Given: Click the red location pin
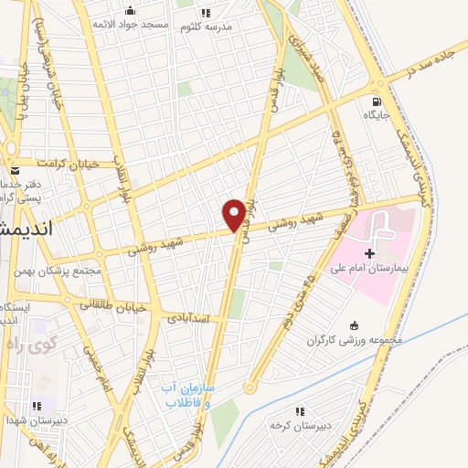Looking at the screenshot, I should point(235,214).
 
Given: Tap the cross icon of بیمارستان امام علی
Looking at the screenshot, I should point(369,252).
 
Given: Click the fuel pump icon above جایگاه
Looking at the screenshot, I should point(377,101).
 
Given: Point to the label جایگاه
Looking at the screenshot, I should point(377,116).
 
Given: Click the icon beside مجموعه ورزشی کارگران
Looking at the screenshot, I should point(355,326).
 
